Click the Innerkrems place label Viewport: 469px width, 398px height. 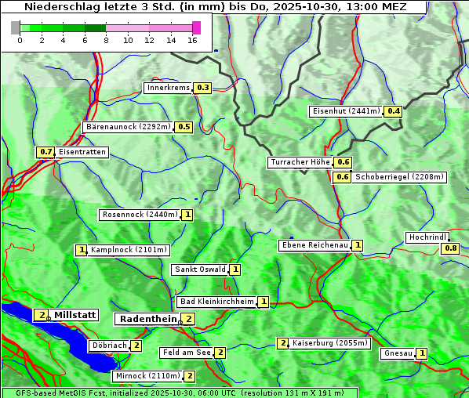168,88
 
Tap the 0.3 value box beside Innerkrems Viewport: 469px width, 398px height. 203,88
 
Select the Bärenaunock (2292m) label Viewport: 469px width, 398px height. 127,126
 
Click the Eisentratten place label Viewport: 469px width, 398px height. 82,152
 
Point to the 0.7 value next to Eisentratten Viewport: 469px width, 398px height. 45,152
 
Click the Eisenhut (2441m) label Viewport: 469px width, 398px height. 346,111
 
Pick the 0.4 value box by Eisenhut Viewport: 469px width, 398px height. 393,111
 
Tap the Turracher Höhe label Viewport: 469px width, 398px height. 300,162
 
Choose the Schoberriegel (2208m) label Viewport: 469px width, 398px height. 399,177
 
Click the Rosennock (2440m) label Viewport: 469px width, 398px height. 140,214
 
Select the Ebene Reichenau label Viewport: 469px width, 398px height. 314,245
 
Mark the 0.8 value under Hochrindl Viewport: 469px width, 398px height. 450,248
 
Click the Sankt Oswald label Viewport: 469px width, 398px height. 199,270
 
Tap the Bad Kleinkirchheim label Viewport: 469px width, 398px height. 216,302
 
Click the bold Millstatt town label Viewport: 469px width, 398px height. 75,315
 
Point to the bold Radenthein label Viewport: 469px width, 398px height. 147,319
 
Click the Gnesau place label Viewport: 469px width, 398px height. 398,353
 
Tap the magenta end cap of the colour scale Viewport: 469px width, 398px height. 196,27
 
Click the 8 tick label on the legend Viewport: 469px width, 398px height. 106,40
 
